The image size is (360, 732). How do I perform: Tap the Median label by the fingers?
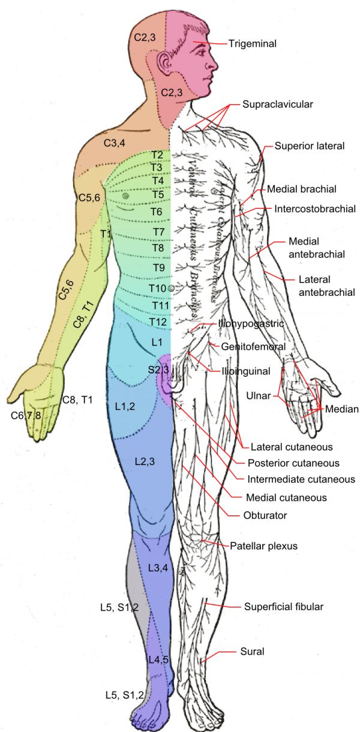pos(341,409)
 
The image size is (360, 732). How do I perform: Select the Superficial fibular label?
pos(284,607)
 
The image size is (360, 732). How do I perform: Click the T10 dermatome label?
pos(158,289)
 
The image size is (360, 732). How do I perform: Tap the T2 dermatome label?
pos(157,155)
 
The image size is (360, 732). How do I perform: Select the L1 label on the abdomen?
pos(157,342)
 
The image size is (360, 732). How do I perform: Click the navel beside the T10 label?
pos(172,289)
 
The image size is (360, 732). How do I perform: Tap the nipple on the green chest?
pos(125,196)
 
